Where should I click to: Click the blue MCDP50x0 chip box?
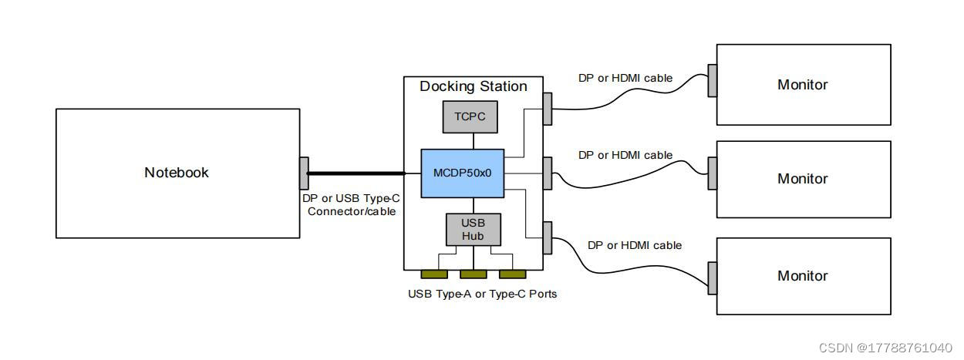[462, 173]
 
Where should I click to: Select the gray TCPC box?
[469, 117]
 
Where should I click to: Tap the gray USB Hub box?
[473, 230]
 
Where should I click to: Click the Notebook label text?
[177, 173]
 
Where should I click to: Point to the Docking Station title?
[473, 86]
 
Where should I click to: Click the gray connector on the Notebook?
[304, 173]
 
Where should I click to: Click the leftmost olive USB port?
[434, 274]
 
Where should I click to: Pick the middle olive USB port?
[473, 274]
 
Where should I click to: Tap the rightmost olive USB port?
[512, 274]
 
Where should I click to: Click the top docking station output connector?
[548, 109]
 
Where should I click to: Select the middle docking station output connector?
[548, 173]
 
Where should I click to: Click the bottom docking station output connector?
[548, 237]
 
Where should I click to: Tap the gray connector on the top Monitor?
[713, 80]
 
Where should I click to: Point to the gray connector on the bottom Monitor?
[713, 278]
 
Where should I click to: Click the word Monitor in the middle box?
[802, 179]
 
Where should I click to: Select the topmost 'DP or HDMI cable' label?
[625, 78]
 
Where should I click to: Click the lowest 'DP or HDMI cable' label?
[635, 245]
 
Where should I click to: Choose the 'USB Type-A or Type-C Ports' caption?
[482, 294]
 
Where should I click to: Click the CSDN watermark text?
[885, 348]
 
